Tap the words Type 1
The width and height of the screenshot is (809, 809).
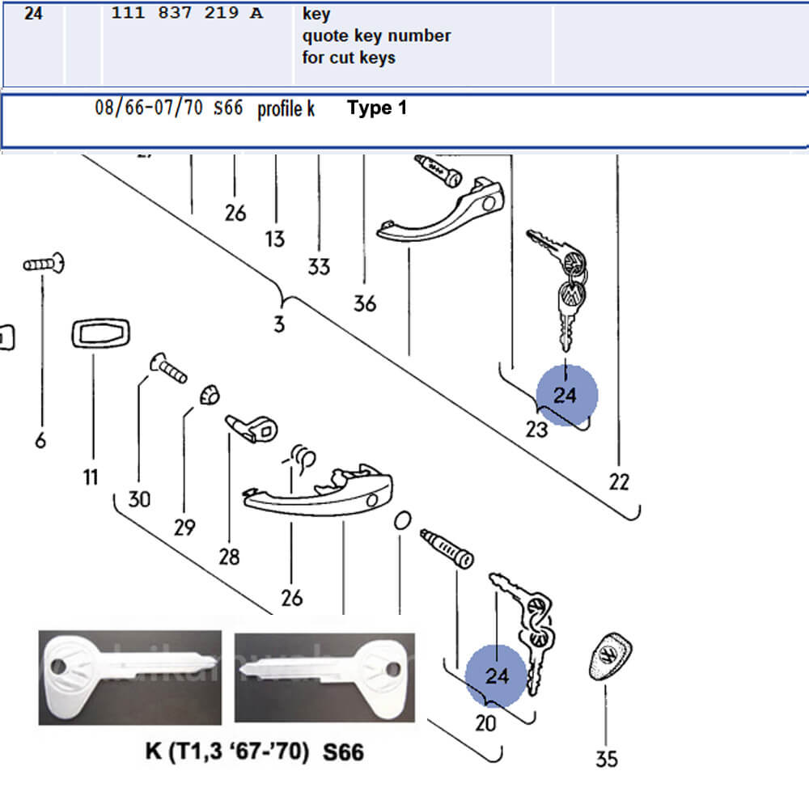[377, 108]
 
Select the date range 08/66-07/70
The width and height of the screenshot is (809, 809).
[149, 108]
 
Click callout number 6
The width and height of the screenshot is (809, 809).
[40, 440]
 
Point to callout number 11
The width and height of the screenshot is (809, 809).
[90, 477]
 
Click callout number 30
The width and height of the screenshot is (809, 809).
[139, 499]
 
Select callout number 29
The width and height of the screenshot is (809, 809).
[184, 527]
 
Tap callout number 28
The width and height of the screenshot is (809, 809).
[229, 557]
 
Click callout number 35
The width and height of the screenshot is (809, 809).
[607, 759]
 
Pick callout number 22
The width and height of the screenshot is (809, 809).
[619, 482]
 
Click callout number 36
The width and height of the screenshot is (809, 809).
[365, 303]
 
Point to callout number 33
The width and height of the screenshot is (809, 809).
[319, 266]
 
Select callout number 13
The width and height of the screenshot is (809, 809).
[275, 239]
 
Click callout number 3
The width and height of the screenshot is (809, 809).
[279, 325]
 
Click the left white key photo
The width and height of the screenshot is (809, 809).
[129, 678]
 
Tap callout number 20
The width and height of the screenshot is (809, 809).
[485, 722]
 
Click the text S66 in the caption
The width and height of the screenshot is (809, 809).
[343, 753]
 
